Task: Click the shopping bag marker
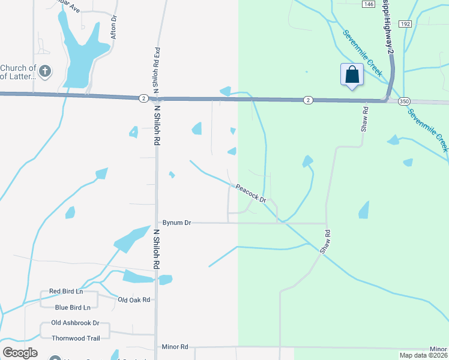click(x=352, y=76)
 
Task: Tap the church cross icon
click(x=46, y=72)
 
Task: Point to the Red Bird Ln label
click(x=65, y=291)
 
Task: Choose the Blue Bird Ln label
click(x=72, y=307)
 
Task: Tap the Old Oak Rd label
click(x=133, y=299)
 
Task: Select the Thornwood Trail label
click(x=76, y=338)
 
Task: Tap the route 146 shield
click(x=368, y=4)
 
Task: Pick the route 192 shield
click(x=405, y=24)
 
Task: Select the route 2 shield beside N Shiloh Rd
click(x=143, y=98)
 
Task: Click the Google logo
click(x=20, y=352)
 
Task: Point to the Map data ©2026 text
click(x=423, y=355)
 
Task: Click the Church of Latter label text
click(x=19, y=72)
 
